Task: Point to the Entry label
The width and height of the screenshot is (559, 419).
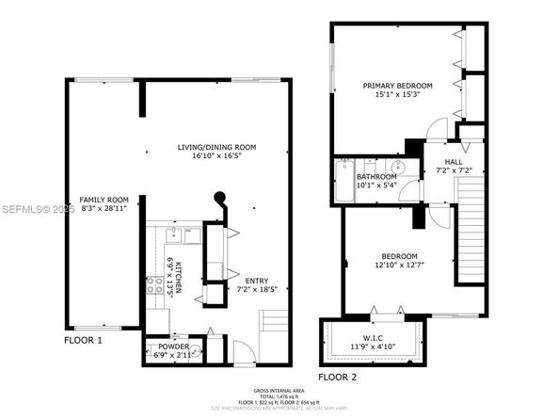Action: click(x=257, y=280)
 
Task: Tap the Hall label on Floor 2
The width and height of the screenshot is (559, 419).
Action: click(x=454, y=162)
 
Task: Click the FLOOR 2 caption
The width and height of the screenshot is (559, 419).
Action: click(x=338, y=377)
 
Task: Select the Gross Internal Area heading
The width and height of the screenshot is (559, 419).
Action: click(x=279, y=389)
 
